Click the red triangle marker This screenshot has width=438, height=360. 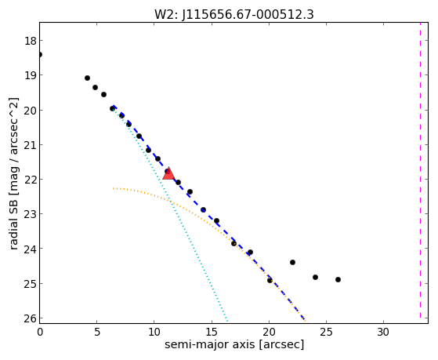pos(168,173)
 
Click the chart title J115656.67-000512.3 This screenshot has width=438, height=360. pos(248,14)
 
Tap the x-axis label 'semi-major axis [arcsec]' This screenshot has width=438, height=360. pos(234,344)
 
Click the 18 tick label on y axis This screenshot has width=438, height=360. pos(31,41)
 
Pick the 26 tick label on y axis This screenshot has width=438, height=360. pos(31,318)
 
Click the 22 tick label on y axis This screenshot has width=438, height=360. pos(31,180)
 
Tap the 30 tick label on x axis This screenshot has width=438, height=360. pos(383,333)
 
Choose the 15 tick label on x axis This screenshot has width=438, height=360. pos(212,333)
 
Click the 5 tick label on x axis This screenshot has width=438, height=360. pos(96,333)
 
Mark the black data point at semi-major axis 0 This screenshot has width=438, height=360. pos(40,54)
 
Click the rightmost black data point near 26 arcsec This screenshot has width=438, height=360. pos(338,279)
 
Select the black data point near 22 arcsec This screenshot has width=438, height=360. pos(292,263)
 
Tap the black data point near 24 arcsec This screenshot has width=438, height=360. pos(315,277)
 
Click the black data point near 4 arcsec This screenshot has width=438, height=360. pos(87,78)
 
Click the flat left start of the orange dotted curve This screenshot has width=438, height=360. pos(114,188)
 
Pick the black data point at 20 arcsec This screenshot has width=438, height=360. pos(270,280)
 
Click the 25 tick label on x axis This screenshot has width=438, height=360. pos(326,333)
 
